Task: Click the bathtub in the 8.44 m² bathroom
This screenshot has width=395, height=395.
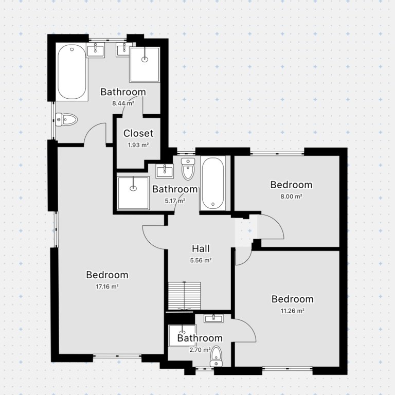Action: (x=71, y=73)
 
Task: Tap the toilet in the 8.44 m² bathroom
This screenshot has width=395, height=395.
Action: (x=67, y=120)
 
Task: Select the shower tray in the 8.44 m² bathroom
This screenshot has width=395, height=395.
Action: (x=145, y=64)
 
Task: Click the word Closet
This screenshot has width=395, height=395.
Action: (x=138, y=133)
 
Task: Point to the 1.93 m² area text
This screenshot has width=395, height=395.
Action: (x=138, y=145)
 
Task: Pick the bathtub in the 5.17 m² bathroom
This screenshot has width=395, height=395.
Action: (x=212, y=184)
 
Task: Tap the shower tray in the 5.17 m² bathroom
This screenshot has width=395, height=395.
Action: (x=133, y=193)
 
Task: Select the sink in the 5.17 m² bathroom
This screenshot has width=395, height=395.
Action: (x=165, y=170)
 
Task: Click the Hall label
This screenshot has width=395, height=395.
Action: (x=200, y=248)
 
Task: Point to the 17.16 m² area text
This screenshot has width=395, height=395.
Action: (x=107, y=286)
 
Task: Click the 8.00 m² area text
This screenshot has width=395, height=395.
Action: (x=291, y=196)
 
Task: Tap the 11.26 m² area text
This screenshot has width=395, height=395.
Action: (x=292, y=311)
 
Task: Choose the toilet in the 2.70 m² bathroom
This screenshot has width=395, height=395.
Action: (x=217, y=355)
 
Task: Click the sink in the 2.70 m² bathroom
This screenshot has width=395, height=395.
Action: (x=213, y=318)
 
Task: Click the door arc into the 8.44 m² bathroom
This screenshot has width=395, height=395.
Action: (x=95, y=135)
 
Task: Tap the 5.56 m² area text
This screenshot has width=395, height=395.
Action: (x=200, y=260)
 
